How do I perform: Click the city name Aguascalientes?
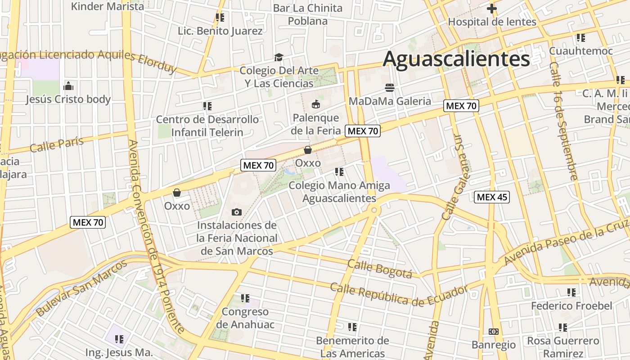456,59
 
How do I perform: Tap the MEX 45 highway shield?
492,197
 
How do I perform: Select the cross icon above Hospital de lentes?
492,8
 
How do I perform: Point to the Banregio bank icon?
493,332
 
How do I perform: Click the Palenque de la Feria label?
315,124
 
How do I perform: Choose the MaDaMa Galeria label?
390,101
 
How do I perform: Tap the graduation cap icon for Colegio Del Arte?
279,58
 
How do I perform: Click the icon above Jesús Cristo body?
68,85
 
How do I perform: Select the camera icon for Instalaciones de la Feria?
236,212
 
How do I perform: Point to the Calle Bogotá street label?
380,269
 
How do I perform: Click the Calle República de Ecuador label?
399,294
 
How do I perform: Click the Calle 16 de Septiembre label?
563,120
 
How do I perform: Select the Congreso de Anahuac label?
245,318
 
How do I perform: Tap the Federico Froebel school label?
571,306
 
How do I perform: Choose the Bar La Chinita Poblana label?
308,14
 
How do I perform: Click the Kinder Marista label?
108,6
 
